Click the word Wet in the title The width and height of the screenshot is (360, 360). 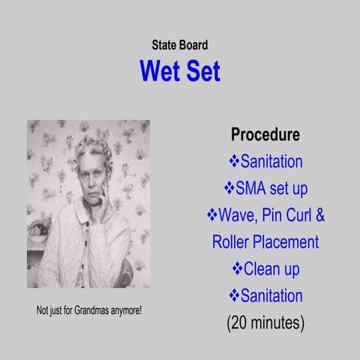160,70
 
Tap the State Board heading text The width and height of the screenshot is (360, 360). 180,45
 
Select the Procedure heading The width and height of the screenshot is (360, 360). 265,135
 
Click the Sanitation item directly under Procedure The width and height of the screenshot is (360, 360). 271,161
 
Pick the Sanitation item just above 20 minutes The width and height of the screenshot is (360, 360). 271,295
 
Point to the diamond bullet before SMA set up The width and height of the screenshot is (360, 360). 230,188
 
